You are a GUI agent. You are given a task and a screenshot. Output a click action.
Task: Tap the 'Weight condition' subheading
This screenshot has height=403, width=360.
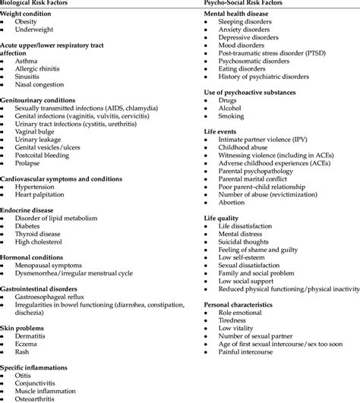click(x=28, y=14)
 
